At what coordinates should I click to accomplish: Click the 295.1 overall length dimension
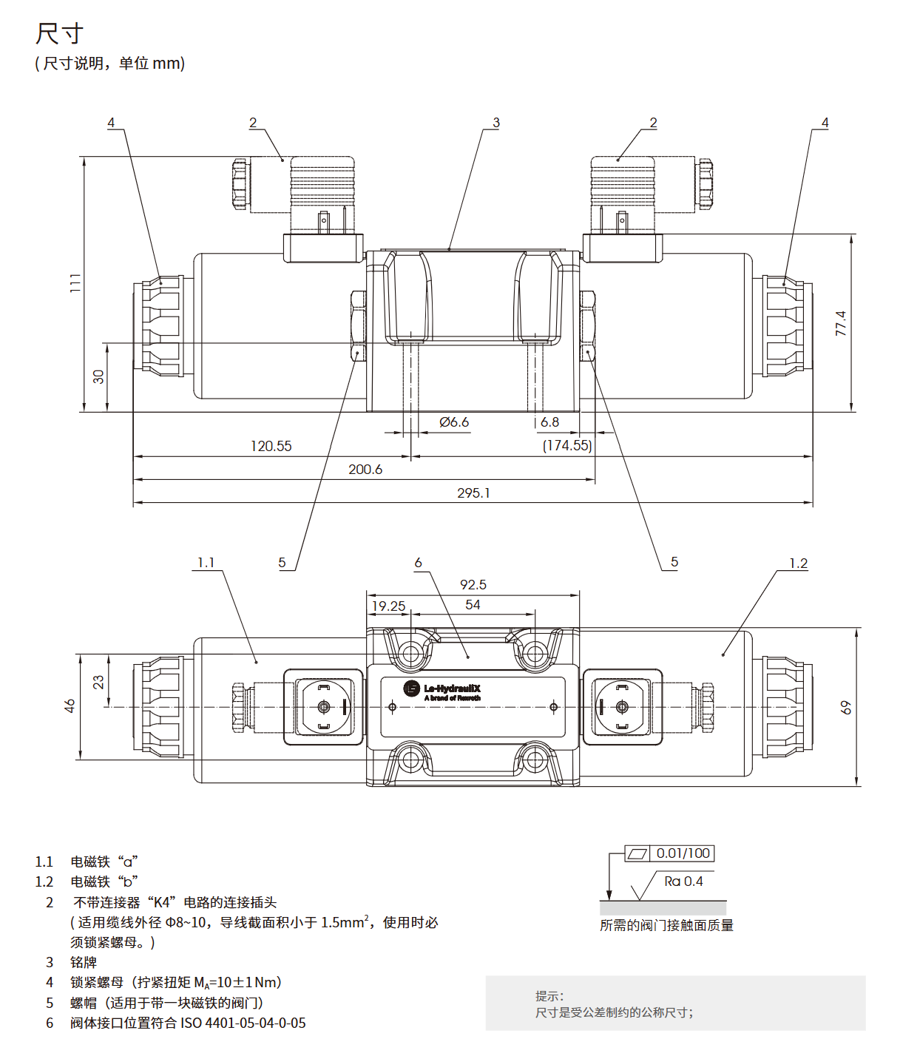[x=473, y=493]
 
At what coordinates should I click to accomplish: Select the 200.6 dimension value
[x=365, y=470]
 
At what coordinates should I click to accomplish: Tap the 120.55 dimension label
[x=271, y=446]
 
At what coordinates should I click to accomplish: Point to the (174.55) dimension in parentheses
[x=567, y=445]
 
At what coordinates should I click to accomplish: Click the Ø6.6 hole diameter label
[x=454, y=422]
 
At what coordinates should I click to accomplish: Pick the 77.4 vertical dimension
[x=841, y=324]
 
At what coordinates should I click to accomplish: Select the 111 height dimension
[x=75, y=283]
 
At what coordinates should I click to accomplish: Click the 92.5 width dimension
[x=473, y=585]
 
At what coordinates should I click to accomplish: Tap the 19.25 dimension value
[x=388, y=606]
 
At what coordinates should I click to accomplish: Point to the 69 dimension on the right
[x=846, y=708]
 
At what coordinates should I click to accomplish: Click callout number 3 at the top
[x=496, y=123]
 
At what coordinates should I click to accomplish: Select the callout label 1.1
[x=206, y=563]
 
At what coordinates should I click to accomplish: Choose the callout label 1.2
[x=799, y=563]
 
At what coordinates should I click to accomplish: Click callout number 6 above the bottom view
[x=418, y=563]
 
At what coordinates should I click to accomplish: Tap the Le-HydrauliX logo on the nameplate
[x=443, y=690]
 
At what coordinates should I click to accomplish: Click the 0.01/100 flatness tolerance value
[x=683, y=853]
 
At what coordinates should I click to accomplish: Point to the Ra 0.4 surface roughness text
[x=683, y=881]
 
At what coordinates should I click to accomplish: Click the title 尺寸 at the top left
[x=60, y=34]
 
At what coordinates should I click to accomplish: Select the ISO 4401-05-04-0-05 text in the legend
[x=243, y=1023]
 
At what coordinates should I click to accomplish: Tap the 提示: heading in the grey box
[x=549, y=996]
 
